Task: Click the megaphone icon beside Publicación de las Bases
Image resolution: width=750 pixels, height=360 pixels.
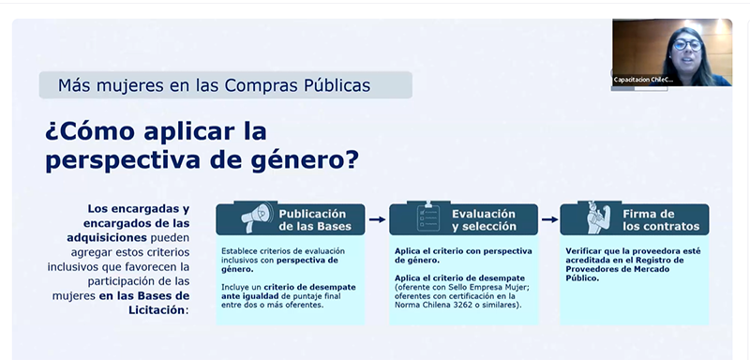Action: tap(257, 218)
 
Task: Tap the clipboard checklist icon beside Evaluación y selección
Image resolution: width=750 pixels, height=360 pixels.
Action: tap(428, 218)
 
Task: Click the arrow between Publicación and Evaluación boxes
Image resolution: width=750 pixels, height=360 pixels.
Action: tap(378, 219)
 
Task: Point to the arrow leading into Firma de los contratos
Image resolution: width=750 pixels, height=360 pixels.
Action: tap(550, 219)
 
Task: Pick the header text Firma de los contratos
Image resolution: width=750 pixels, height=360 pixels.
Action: tap(661, 220)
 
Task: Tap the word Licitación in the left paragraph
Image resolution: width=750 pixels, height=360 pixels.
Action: tap(157, 309)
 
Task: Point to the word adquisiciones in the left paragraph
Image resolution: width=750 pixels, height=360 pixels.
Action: tap(107, 237)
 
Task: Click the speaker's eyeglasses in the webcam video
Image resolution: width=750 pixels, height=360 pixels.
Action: tap(687, 45)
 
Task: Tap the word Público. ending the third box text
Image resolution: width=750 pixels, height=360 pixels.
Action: tap(582, 278)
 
